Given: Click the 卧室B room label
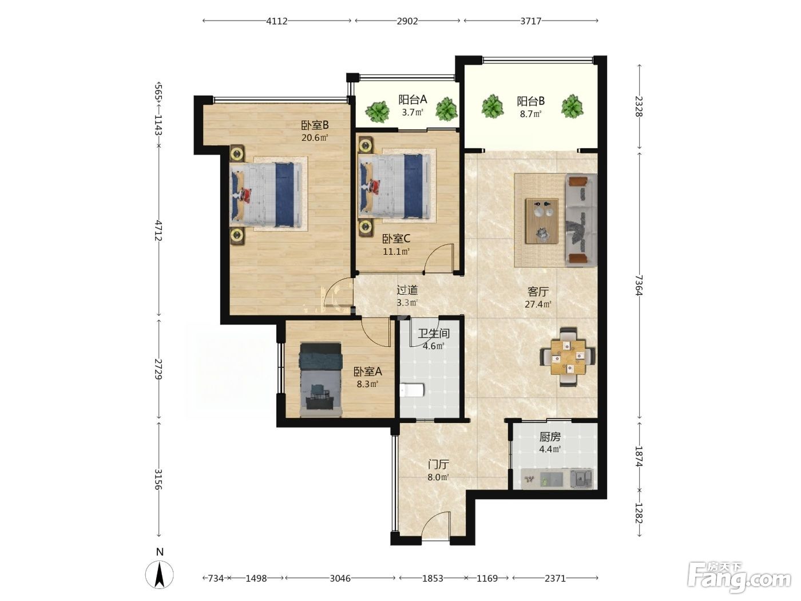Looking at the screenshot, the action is [x=315, y=125].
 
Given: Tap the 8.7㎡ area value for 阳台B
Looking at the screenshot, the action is [x=530, y=114].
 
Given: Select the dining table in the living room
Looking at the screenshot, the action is [x=568, y=357].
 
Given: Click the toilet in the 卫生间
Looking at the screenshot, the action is [x=411, y=390].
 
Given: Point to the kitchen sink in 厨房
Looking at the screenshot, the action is [x=581, y=479].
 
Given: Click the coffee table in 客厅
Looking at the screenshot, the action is [x=542, y=221].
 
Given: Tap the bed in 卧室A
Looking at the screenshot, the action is [x=321, y=379].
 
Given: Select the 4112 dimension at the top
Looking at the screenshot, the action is [x=276, y=21].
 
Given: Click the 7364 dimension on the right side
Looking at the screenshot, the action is [x=639, y=285].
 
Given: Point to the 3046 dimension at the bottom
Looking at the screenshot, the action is [x=340, y=578].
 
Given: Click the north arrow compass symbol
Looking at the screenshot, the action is [x=160, y=575].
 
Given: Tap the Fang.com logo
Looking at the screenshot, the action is [x=739, y=578].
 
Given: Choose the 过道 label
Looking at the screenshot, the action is [x=407, y=290].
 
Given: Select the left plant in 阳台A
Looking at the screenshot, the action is [x=377, y=111].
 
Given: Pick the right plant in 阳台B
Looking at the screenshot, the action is [x=572, y=106].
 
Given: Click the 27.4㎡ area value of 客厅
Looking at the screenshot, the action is [x=537, y=304].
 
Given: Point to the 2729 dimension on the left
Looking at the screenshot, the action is [x=158, y=369].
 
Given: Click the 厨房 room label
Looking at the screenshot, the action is [x=550, y=436].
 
